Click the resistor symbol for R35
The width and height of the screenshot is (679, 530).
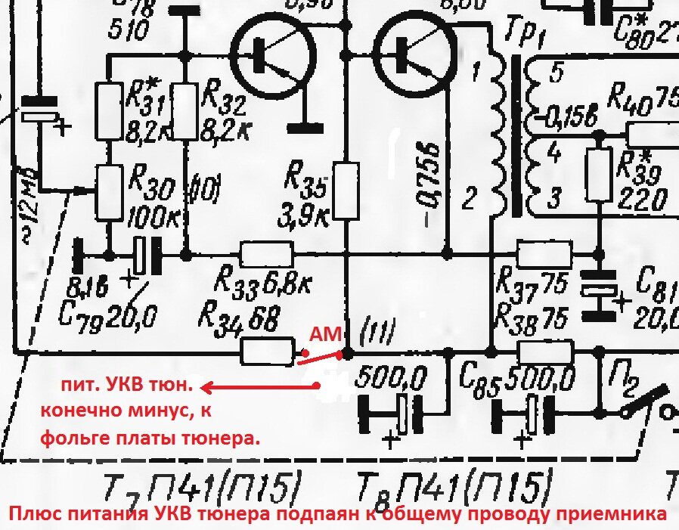[346, 191]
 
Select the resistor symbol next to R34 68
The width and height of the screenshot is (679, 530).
[267, 350]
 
